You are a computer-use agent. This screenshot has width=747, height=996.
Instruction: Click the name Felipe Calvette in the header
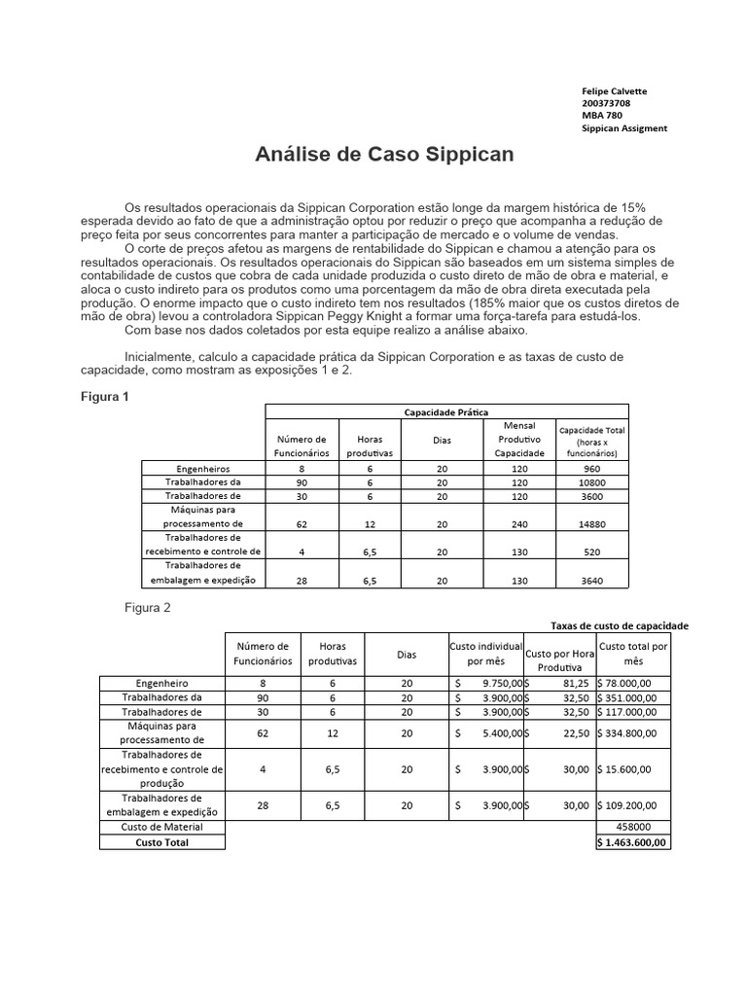614,91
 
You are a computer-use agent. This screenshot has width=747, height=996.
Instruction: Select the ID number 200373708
605,103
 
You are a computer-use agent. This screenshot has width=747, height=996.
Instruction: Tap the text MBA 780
602,116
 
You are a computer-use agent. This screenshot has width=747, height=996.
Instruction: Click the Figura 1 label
102,398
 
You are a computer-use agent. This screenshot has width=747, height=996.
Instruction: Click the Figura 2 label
147,608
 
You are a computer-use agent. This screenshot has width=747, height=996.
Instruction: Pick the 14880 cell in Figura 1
592,523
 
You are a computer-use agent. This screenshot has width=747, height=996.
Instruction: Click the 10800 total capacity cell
592,481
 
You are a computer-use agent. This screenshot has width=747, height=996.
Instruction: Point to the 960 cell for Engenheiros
592,468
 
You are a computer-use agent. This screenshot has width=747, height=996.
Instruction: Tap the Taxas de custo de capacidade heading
620,625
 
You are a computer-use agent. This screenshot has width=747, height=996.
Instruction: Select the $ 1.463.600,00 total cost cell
632,842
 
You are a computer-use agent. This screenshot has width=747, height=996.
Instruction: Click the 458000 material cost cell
632,827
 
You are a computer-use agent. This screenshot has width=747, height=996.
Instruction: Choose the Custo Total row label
162,842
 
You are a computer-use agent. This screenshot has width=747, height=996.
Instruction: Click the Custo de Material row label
162,827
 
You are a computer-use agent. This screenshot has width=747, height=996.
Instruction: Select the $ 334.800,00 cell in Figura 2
632,734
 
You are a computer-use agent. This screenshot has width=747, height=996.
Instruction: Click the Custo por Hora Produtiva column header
559,660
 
